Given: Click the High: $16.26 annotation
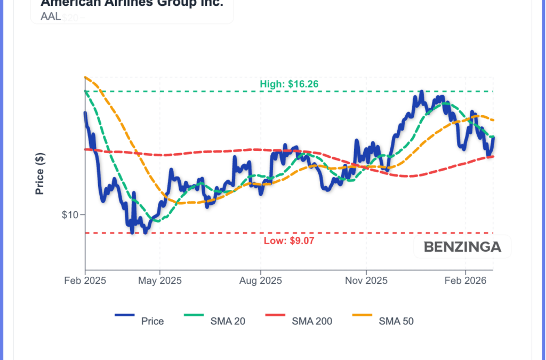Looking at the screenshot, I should pyautogui.click(x=289, y=84).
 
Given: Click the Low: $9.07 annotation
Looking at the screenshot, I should pyautogui.click(x=289, y=241).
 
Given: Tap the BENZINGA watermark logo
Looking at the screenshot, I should pyautogui.click(x=462, y=247).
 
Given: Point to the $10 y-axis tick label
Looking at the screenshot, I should pyautogui.click(x=70, y=215).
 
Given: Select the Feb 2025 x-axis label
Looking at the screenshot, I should pyautogui.click(x=85, y=281).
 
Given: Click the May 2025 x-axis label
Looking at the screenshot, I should pyautogui.click(x=160, y=281).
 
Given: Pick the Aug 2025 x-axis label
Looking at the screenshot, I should pyautogui.click(x=260, y=281).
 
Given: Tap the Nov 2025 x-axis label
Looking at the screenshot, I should pyautogui.click(x=366, y=281).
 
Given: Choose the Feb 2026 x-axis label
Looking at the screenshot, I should pyautogui.click(x=465, y=281).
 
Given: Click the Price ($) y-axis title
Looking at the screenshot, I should pyautogui.click(x=40, y=173).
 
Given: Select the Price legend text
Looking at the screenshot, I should pyautogui.click(x=152, y=321).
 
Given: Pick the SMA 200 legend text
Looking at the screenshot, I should pyautogui.click(x=312, y=321).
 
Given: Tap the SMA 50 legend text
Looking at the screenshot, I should pyautogui.click(x=396, y=321).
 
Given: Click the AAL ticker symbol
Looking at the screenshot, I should pyautogui.click(x=51, y=17).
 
